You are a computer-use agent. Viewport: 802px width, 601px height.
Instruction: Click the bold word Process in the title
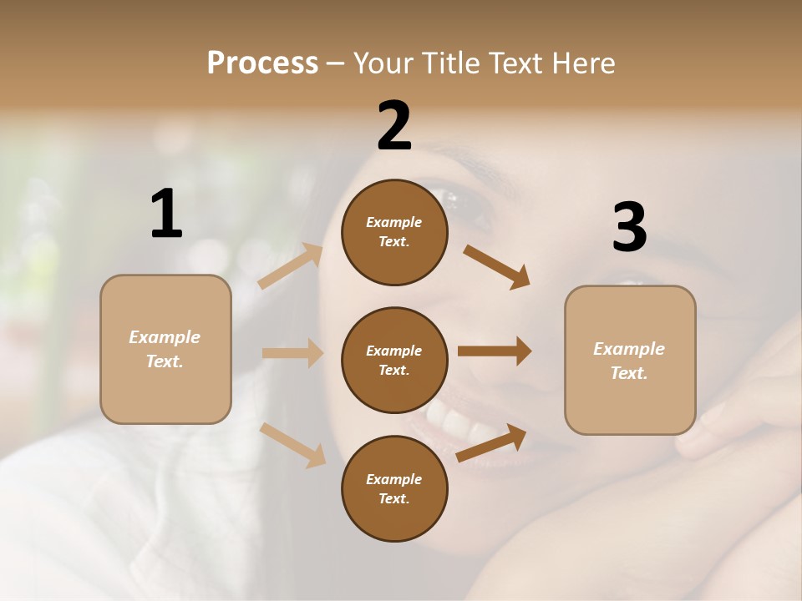pyautogui.click(x=262, y=63)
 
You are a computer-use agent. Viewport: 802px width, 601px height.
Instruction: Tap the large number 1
pyautogui.click(x=166, y=214)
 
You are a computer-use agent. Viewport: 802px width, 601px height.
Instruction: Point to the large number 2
pyautogui.click(x=394, y=126)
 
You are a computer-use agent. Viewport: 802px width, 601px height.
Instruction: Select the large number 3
pyautogui.click(x=629, y=228)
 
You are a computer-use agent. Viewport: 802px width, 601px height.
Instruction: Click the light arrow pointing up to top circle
pyautogui.click(x=291, y=266)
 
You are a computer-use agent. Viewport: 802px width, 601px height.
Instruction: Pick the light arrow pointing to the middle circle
pyautogui.click(x=292, y=353)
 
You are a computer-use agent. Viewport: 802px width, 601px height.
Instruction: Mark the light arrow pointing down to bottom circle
pyautogui.click(x=293, y=445)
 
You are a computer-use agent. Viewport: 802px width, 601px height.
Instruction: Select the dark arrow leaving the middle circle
pyautogui.click(x=495, y=351)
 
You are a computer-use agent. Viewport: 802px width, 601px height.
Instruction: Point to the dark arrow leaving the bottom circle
pyautogui.click(x=491, y=443)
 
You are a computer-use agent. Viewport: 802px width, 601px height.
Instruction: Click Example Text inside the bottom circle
pyautogui.click(x=394, y=489)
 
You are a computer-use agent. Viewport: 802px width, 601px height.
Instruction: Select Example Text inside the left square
pyautogui.click(x=165, y=349)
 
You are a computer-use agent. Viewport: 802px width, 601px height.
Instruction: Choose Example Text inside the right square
pyautogui.click(x=630, y=361)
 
